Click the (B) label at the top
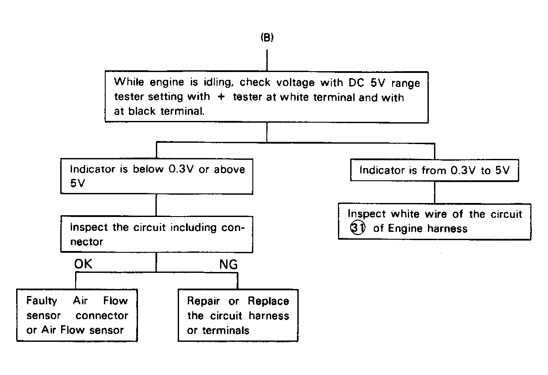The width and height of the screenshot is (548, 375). tap(267, 38)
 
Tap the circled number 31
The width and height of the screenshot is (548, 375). tap(358, 227)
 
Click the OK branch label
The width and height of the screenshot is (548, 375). tap(83, 264)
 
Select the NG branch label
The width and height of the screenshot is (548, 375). tap(228, 265)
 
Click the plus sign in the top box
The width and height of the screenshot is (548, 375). tap(221, 96)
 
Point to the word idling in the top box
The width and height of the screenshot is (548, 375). tap(218, 83)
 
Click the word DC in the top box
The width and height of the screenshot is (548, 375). tap(356, 83)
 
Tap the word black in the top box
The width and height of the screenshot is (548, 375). tap(142, 111)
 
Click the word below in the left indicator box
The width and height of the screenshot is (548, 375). tap(148, 169)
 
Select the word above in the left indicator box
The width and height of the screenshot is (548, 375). tap(229, 169)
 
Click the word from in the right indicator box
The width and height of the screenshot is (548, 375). tap(434, 170)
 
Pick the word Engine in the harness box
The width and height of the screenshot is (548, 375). tap(405, 228)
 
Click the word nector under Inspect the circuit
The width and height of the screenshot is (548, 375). tap(86, 242)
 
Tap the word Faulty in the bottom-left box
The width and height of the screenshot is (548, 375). tap(41, 301)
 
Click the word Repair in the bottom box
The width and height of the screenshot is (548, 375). tap(203, 301)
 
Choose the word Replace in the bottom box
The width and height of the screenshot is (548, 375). tap(269, 301)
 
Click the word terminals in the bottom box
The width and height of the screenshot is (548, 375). tap(226, 330)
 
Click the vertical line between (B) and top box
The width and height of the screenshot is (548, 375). tap(267, 60)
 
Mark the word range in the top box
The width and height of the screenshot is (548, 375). tap(406, 84)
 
